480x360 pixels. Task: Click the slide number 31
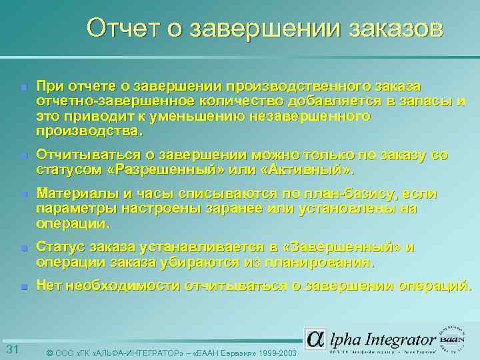pos(11,350)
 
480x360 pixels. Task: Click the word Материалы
pos(73,194)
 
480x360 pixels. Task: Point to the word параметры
pos(69,209)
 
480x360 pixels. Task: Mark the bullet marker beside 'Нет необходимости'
pos(23,287)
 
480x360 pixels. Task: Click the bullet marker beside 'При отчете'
pos(23,88)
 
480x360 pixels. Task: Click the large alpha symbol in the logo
pos(316,339)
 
